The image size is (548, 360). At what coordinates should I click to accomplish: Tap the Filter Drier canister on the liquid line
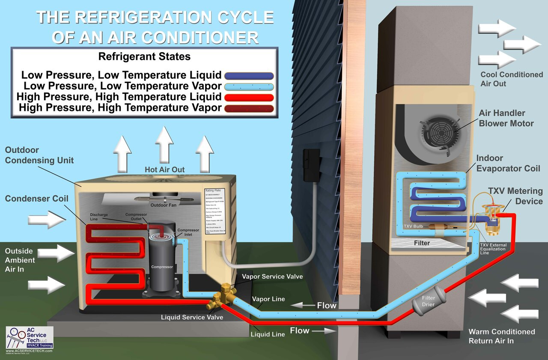[x=429, y=301]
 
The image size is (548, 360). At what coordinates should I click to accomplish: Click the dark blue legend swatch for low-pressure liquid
[x=249, y=76]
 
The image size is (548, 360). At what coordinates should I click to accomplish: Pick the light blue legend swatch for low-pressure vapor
[x=249, y=86]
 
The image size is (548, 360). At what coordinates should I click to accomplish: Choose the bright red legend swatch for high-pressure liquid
[x=249, y=97]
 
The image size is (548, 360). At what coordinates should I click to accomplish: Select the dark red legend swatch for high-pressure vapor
[x=249, y=108]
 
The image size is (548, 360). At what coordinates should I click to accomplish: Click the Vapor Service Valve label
[x=272, y=277]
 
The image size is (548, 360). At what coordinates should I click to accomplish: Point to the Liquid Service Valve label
[x=192, y=317]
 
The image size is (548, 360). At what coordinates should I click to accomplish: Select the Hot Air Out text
[x=165, y=170]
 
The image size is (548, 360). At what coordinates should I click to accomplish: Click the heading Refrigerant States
[x=144, y=57]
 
